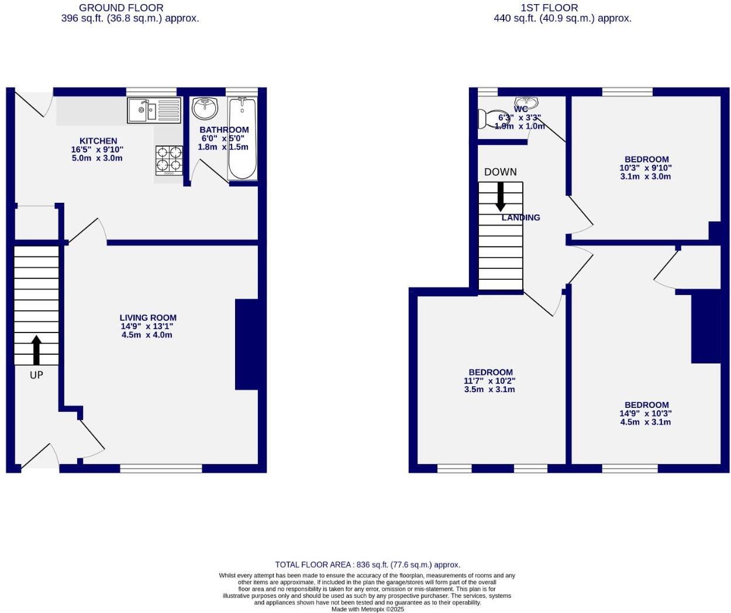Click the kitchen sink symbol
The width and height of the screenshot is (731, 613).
click(154, 110)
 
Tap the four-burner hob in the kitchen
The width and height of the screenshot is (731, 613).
click(168, 160)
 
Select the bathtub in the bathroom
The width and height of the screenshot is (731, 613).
click(242, 138)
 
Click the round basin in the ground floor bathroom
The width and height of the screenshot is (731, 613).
click(205, 107)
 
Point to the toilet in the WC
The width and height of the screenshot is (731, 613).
click(492, 119)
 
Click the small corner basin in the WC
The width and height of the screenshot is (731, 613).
click(526, 102)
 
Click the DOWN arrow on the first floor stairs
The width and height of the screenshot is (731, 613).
click(501, 196)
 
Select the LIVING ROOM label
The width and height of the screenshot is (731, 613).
click(148, 318)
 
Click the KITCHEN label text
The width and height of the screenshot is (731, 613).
click(98, 141)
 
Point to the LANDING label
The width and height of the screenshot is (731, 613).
click(520, 217)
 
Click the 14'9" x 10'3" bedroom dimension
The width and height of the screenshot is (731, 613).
click(646, 413)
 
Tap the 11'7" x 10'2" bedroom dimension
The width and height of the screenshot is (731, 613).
click(489, 380)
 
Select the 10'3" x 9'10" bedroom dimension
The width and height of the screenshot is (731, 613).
click(646, 168)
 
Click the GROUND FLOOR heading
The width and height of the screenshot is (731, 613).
click(121, 8)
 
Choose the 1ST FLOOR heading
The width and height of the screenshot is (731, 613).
click(549, 8)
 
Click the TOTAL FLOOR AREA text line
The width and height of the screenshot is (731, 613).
click(367, 564)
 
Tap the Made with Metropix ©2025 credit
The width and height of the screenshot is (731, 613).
click(367, 609)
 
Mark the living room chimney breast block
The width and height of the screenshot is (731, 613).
click(247, 344)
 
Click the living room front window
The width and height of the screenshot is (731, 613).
click(161, 468)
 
